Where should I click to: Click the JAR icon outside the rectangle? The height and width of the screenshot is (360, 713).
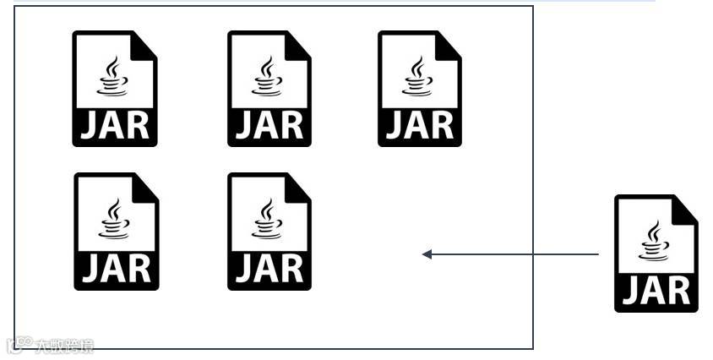[x=656, y=253]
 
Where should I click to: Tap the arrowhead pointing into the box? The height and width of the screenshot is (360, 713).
[x=427, y=254]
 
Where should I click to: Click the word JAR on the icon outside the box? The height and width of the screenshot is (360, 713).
[x=656, y=291]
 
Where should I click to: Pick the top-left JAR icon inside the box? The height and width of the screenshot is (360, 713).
[x=115, y=89]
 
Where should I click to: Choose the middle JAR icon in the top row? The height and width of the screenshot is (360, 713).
[x=269, y=89]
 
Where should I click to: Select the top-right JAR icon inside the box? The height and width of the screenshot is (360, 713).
[x=420, y=89]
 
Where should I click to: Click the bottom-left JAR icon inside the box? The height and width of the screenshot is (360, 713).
[x=116, y=231]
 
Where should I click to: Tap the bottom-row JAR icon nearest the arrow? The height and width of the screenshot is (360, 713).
[x=269, y=231]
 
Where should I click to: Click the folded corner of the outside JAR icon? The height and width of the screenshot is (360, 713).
[x=685, y=208]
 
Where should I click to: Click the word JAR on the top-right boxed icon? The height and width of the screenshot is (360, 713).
[x=420, y=126]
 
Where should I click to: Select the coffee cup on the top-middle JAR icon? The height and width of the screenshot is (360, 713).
[x=269, y=75]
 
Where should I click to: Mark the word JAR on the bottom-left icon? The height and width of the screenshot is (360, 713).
[x=117, y=269]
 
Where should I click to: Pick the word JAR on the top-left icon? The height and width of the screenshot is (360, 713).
[x=115, y=126]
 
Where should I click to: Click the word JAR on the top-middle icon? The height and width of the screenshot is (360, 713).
[x=269, y=126]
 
